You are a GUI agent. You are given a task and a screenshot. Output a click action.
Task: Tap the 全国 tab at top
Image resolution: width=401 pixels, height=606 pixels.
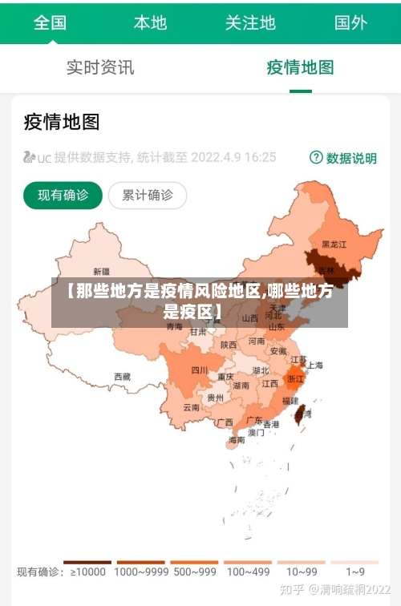click(x=50, y=22)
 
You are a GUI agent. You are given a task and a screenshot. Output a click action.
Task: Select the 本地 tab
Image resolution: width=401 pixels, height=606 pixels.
click(x=150, y=22)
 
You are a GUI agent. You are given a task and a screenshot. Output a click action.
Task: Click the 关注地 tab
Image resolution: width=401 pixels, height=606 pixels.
click(x=250, y=22)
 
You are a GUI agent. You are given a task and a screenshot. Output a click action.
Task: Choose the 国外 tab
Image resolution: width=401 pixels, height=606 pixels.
click(x=350, y=22)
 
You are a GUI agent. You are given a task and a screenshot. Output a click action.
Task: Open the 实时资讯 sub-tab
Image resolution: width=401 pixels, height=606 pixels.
click(x=100, y=67)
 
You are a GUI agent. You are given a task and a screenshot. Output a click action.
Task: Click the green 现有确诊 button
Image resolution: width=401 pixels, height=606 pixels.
click(x=63, y=195)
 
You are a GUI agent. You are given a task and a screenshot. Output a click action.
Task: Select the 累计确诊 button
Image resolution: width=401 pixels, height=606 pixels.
click(x=148, y=195)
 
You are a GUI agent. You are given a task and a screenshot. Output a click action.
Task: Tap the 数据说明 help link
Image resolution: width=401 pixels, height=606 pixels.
click(x=343, y=158)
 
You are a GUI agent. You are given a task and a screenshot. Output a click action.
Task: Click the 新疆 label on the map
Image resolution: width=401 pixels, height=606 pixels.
click(x=102, y=271)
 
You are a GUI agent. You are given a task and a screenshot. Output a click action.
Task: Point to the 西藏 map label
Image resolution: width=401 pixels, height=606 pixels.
click(x=122, y=376)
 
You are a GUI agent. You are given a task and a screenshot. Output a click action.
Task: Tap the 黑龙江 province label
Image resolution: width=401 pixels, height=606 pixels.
click(x=334, y=244)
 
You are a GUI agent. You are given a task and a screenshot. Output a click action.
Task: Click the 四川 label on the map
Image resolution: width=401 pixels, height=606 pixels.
click(x=200, y=370)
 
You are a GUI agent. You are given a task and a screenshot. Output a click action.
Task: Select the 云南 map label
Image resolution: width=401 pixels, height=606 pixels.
click(x=191, y=407)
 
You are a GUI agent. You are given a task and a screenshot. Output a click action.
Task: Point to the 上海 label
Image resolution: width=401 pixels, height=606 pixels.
click(x=314, y=366)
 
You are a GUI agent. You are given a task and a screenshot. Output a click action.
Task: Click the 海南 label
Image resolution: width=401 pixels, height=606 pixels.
click(x=237, y=439)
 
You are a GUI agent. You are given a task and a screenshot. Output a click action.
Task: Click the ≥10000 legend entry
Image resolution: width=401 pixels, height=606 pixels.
click(x=87, y=572)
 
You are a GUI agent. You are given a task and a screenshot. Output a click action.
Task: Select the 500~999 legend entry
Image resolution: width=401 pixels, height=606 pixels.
click(x=194, y=572)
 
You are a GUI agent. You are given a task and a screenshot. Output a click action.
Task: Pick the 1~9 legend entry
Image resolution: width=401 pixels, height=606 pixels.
click(x=355, y=572)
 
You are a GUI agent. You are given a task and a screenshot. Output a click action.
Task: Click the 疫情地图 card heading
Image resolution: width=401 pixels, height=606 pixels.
click(x=62, y=122)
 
